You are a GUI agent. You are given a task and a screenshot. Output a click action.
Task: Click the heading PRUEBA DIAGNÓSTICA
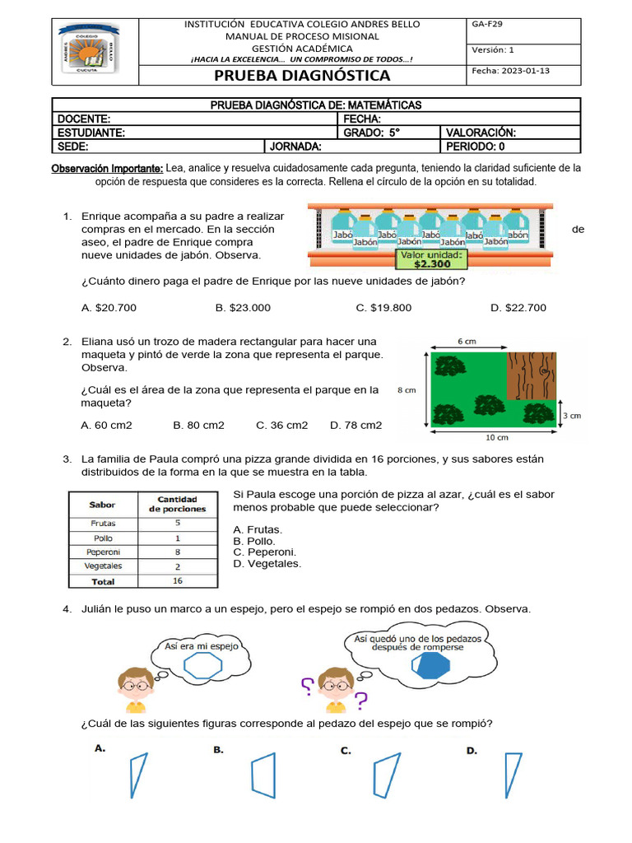pos(302,76)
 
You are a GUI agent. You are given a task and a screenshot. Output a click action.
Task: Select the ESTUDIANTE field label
pos(91,133)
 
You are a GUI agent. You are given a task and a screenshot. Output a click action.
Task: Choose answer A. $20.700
pos(109,308)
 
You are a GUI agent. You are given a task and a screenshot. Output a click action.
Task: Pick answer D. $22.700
pos(518,308)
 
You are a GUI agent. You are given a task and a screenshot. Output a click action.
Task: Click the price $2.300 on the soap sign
pos(432,265)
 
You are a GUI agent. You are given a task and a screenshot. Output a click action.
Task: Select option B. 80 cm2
pos(198,425)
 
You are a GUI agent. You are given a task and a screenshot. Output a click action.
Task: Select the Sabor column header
pos(102,503)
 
